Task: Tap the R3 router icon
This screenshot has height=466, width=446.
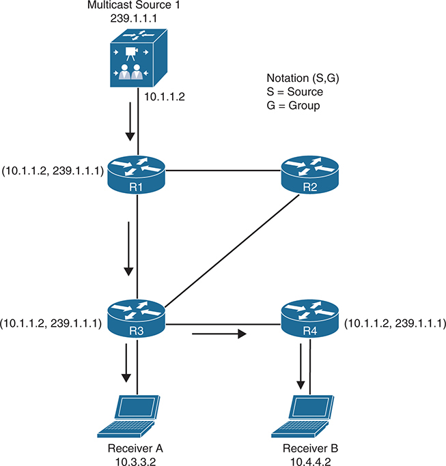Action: pos(139,315)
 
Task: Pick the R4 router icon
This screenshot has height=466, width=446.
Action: pos(310,315)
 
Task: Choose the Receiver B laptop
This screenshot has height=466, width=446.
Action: pos(306,416)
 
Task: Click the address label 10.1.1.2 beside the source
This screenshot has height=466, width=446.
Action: pos(163,97)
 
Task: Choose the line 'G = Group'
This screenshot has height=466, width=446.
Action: pos(294,105)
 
